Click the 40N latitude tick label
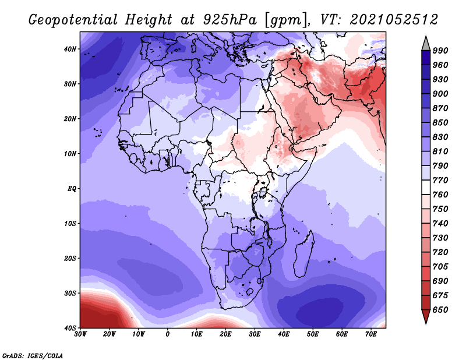[x=70, y=49]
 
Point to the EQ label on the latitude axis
[x=72, y=189]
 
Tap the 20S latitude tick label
[x=70, y=258]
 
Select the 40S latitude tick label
[x=70, y=328]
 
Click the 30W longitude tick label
[x=80, y=334]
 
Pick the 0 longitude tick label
[x=168, y=334]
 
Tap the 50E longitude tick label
[x=313, y=334]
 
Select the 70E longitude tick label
[x=370, y=334]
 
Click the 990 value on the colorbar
[x=440, y=51]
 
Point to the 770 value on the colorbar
[x=440, y=180]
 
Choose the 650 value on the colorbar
[x=440, y=310]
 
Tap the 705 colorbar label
[x=440, y=267]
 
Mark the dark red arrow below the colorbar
[x=426, y=316]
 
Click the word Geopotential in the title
[x=73, y=20]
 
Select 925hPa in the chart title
[x=230, y=20]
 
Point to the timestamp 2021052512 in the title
[x=394, y=20]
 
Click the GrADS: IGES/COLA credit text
[x=33, y=356]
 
